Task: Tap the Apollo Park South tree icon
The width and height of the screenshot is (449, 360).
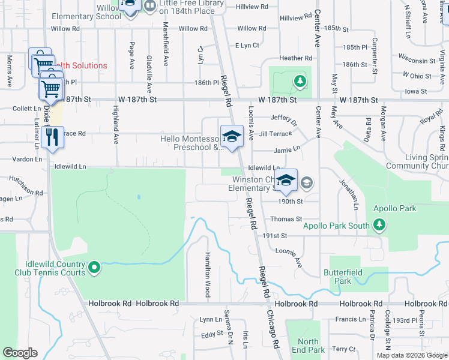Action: point(379,225)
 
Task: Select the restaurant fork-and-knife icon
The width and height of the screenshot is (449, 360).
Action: point(53,136)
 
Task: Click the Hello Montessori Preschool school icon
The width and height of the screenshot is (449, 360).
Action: point(231,136)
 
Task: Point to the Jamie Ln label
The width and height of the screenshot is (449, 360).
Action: point(286,150)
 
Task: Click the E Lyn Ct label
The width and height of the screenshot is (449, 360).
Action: point(247,46)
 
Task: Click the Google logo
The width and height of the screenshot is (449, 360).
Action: point(20,353)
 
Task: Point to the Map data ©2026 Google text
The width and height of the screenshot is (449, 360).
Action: point(412,355)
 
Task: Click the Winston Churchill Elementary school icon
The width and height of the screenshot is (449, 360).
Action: point(286,180)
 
